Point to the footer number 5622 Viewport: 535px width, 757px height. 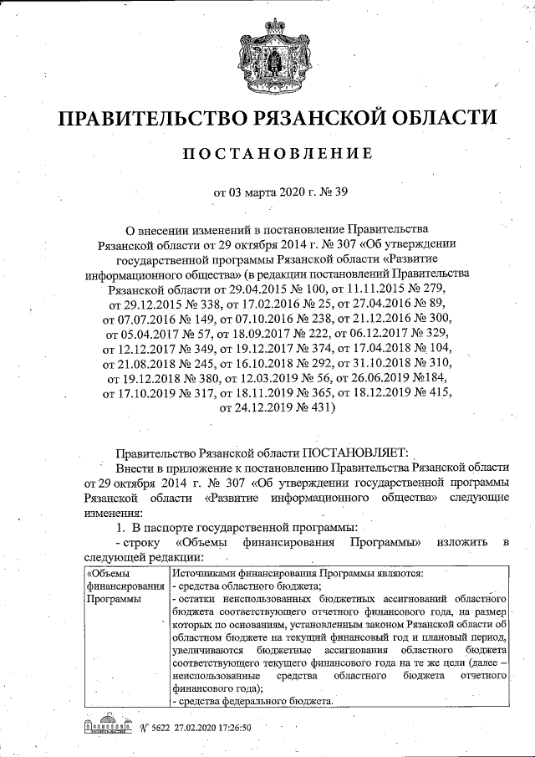tap(155, 727)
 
